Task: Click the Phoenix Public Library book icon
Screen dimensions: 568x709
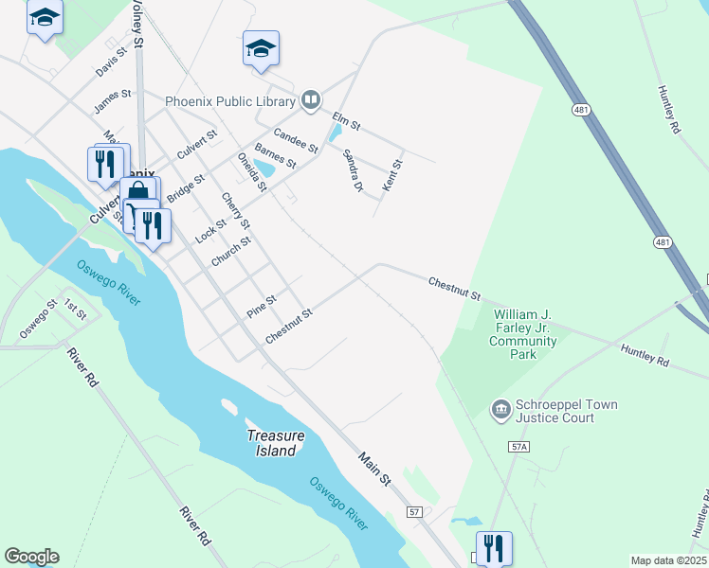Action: [310, 99]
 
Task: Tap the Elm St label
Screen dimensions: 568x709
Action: [346, 121]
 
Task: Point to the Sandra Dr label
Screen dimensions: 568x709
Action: [353, 170]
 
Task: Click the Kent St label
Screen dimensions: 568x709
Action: [392, 176]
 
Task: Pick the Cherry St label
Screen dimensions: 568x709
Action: [235, 211]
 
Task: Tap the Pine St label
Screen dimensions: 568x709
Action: [261, 306]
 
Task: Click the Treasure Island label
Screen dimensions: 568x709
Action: [276, 443]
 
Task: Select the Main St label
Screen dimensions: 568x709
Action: [374, 470]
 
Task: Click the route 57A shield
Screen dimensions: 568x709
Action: [518, 445]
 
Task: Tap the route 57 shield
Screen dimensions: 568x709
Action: [414, 512]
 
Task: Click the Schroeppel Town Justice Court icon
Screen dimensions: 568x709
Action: [500, 410]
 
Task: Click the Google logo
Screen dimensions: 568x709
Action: [31, 556]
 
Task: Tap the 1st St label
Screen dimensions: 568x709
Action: [75, 309]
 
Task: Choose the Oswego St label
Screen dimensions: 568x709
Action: [38, 317]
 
